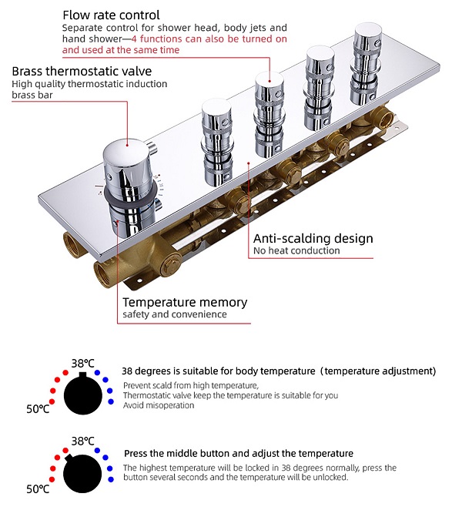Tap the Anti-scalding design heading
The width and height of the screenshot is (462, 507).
(313, 238)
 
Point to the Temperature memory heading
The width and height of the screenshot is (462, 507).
(185, 302)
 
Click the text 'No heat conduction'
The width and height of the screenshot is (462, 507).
(296, 251)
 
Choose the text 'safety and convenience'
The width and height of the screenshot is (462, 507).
(175, 314)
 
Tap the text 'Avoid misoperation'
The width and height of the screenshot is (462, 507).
(159, 405)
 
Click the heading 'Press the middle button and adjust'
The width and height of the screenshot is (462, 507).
(238, 454)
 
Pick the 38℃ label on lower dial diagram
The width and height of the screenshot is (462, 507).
(83, 441)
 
